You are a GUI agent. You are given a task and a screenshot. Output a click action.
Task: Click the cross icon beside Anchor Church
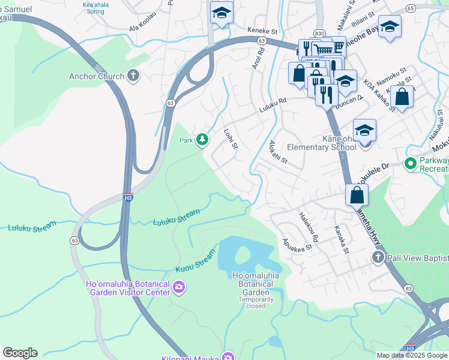(133, 76)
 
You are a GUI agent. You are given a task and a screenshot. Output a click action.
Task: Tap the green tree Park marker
(203, 140)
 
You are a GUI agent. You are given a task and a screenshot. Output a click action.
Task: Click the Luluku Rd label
(273, 107)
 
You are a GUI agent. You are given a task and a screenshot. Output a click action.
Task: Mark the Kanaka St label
(342, 239)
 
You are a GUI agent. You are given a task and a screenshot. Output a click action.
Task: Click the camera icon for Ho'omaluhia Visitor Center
(178, 288)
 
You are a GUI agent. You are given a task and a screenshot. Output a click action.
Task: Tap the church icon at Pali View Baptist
(378, 257)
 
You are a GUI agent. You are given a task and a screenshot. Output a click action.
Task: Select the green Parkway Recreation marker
(411, 163)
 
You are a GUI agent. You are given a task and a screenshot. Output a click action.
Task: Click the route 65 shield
(410, 8)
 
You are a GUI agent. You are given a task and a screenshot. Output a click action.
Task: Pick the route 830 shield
(319, 34)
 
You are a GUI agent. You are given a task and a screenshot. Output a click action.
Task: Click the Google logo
(20, 353)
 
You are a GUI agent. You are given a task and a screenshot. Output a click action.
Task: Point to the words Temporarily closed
(255, 302)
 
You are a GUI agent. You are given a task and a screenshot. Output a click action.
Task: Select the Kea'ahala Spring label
(95, 7)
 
